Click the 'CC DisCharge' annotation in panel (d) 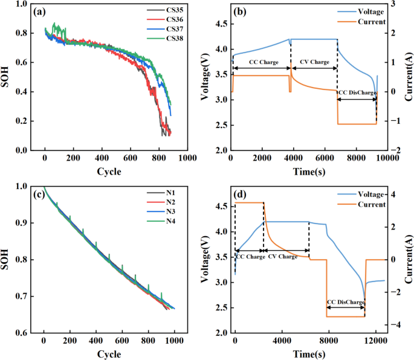point(345,301)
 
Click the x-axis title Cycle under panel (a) point(109,172)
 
